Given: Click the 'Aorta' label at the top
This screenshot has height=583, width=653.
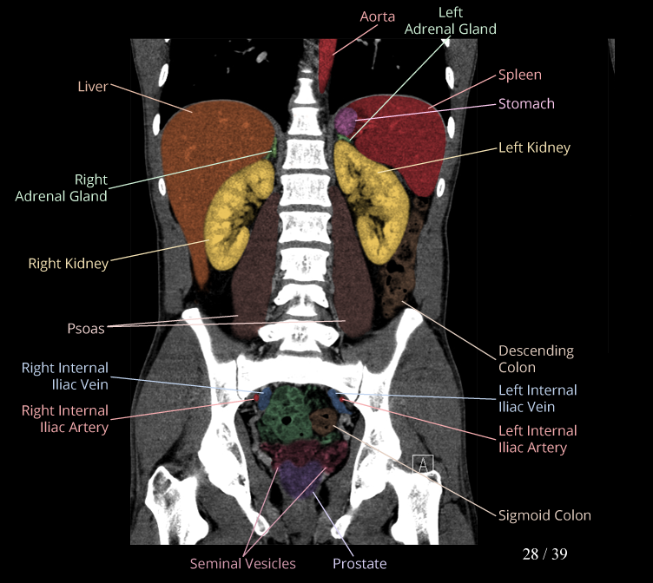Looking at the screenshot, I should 377,16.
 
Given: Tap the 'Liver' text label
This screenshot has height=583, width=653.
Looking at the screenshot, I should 92,86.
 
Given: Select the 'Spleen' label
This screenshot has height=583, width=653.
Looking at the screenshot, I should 520,75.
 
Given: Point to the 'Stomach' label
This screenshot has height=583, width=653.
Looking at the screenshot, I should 526,103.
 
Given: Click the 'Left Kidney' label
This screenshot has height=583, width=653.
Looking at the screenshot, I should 534,147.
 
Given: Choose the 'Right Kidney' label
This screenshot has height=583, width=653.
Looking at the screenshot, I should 68,263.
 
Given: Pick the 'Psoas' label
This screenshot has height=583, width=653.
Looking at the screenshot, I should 85,328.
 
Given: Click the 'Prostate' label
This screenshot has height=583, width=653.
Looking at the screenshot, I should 359,564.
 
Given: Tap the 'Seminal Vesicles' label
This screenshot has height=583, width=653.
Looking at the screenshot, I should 242,564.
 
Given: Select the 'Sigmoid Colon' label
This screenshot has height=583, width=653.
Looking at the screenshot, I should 544,515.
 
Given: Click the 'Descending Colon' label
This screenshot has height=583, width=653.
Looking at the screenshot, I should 536,359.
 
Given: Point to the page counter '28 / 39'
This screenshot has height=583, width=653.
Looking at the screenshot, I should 544,554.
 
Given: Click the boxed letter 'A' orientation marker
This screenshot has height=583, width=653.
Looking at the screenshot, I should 423,464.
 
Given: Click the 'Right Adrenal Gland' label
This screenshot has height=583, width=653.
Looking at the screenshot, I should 61,187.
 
